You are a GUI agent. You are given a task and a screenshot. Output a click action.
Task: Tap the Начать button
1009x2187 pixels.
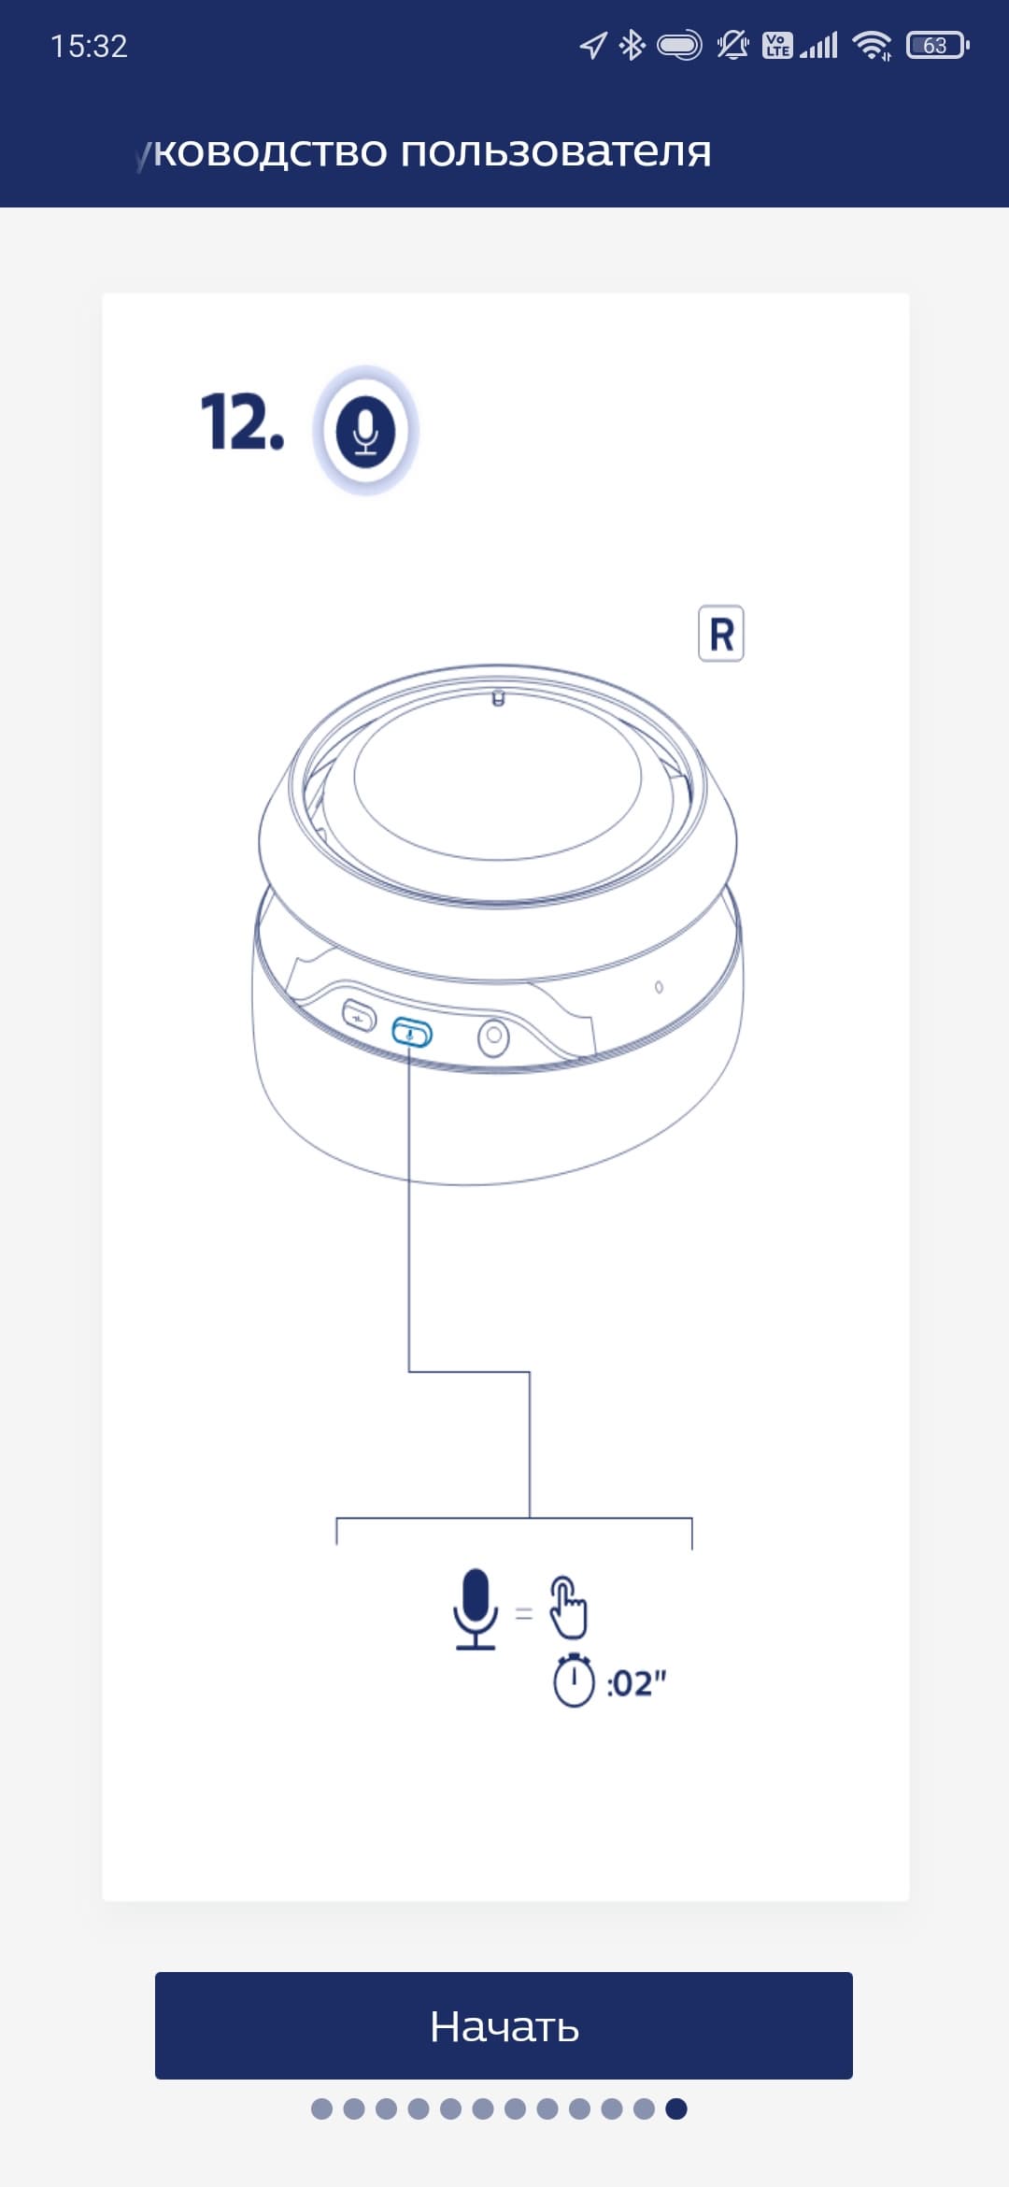pos(504,2025)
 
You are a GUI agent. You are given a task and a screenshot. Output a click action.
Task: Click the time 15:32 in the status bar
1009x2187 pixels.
pos(89,46)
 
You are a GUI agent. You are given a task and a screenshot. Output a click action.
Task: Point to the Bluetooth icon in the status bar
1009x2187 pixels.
pos(632,45)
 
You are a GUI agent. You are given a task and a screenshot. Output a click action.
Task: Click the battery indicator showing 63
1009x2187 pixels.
pos(937,45)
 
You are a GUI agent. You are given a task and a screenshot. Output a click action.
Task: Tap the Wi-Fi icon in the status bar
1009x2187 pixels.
pos(873,45)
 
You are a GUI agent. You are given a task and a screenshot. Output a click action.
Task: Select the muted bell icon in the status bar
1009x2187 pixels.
pos(732,45)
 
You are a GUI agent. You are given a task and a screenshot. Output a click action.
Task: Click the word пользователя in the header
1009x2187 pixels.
pos(556,151)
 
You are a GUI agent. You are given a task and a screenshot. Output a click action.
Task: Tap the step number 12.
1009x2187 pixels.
pos(242,422)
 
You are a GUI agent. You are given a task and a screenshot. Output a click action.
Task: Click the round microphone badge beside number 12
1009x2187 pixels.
pos(365,431)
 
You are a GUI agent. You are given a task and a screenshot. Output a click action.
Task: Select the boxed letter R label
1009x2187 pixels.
pos(721,634)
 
